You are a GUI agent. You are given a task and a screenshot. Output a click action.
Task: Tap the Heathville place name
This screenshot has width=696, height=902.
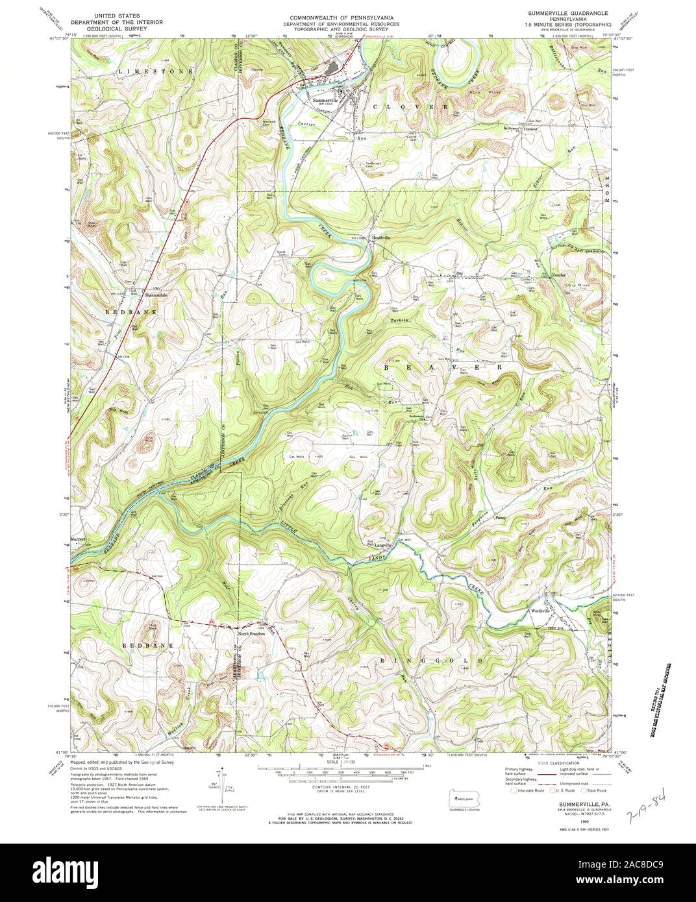click(382, 238)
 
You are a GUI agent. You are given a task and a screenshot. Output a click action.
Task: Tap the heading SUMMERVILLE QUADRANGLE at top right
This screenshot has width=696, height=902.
click(564, 14)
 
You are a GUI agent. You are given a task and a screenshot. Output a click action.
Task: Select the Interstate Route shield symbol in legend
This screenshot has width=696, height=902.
click(515, 791)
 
